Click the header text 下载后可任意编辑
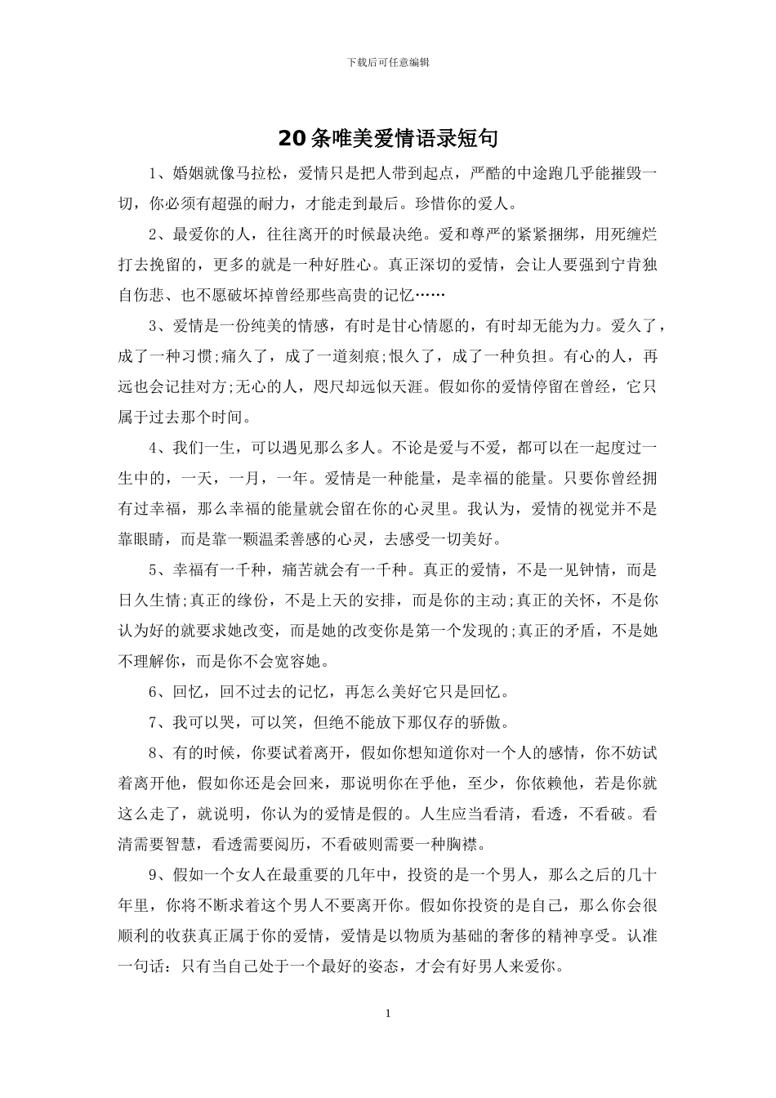click(388, 61)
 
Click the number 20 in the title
click(292, 139)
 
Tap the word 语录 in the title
click(435, 139)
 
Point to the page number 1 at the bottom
click(388, 1014)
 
